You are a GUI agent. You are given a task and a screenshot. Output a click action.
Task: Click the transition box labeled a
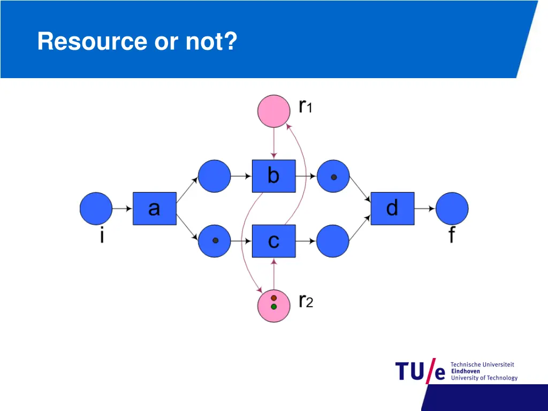tap(155, 208)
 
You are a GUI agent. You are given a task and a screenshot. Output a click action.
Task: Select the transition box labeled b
tap(273, 176)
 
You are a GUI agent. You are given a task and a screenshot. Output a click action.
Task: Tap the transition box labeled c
tap(273, 241)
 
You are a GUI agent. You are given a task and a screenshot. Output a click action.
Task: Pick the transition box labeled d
tap(392, 208)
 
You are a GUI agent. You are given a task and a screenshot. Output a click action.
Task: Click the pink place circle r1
tap(273, 111)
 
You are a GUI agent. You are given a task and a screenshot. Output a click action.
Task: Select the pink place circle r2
tap(273, 306)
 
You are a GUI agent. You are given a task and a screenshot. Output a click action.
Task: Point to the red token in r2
tap(273, 298)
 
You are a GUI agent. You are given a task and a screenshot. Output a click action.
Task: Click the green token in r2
tap(273, 307)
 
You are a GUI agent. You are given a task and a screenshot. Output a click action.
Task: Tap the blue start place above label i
tap(96, 208)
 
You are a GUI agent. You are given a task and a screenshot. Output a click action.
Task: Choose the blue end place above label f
tap(452, 208)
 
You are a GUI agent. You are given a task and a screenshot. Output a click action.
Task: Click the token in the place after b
tap(334, 177)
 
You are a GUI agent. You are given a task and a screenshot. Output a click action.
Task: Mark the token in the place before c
tap(215, 240)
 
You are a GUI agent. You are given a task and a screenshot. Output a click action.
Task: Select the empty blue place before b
tap(214, 176)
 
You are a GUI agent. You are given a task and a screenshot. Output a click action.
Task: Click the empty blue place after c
tap(333, 241)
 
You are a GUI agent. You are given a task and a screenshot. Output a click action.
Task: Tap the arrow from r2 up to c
tap(273, 274)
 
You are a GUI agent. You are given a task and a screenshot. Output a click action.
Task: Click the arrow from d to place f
tap(424, 209)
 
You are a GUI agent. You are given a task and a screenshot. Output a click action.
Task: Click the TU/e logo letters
tap(420, 371)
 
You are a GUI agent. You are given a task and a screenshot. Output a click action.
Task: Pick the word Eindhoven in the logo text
tap(466, 371)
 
